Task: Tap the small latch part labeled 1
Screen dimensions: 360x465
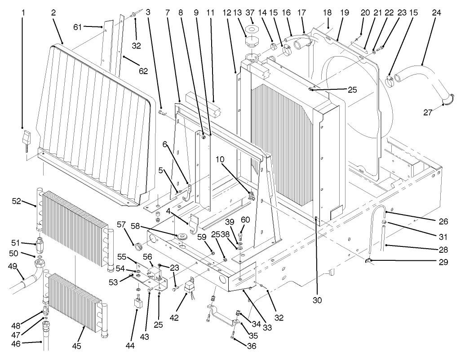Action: (26, 136)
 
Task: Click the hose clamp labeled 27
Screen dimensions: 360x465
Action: (445, 104)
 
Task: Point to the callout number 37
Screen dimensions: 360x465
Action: (251, 13)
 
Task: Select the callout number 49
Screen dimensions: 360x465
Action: (12, 266)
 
